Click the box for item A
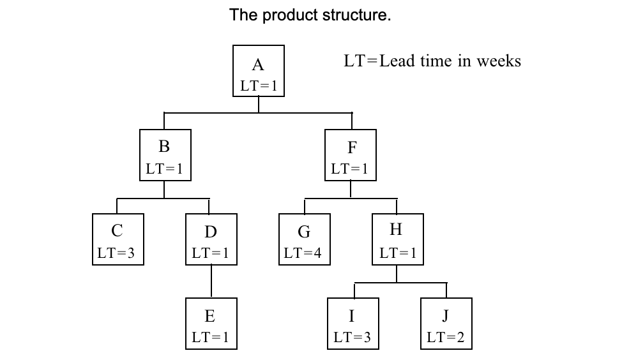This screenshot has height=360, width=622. point(258,71)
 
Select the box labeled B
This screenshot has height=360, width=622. point(165,155)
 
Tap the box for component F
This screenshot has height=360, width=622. point(350,155)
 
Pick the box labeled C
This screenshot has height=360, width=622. point(117,239)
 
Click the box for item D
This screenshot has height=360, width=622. point(211,239)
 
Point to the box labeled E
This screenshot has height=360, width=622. point(211,324)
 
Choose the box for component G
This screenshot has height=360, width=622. point(304,239)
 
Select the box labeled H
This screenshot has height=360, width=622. point(397,239)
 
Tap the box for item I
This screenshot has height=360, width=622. point(353,324)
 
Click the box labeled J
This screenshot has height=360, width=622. point(446,324)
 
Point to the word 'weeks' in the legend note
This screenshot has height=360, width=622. point(499,61)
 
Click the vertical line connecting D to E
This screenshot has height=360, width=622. point(211,281)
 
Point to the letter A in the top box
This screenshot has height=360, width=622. point(258,64)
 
